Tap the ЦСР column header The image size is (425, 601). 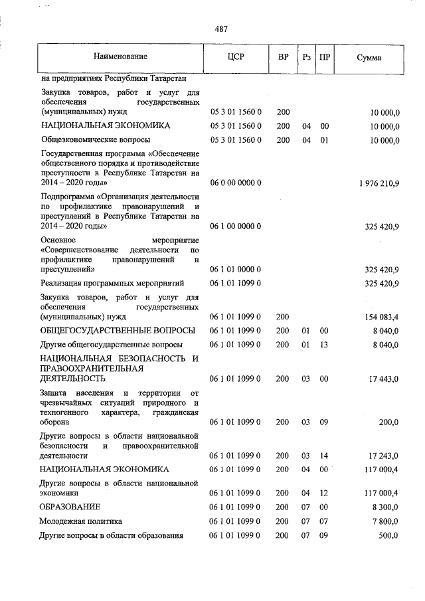236,57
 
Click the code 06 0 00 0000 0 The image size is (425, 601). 236,183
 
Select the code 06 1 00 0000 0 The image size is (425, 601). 236,226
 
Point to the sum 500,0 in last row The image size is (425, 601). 388,535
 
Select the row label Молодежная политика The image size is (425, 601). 81,521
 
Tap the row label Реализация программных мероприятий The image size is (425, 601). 110,284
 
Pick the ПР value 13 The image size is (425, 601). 324,345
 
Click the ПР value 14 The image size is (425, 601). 324,456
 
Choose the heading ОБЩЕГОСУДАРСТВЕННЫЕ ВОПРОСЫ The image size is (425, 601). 118,331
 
